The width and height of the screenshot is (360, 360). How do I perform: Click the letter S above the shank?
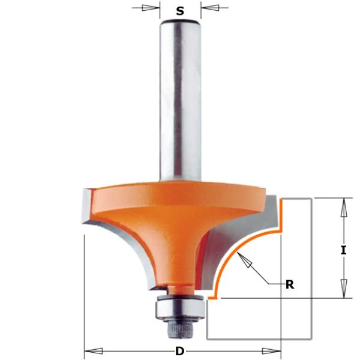click(x=180, y=10)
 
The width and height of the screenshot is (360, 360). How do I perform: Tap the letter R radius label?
click(x=289, y=284)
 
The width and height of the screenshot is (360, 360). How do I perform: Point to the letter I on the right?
click(x=343, y=251)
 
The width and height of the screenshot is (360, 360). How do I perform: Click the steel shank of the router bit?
click(x=179, y=102)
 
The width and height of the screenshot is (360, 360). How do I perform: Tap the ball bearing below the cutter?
click(x=179, y=308)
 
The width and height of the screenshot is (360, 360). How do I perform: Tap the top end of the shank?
click(x=179, y=22)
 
